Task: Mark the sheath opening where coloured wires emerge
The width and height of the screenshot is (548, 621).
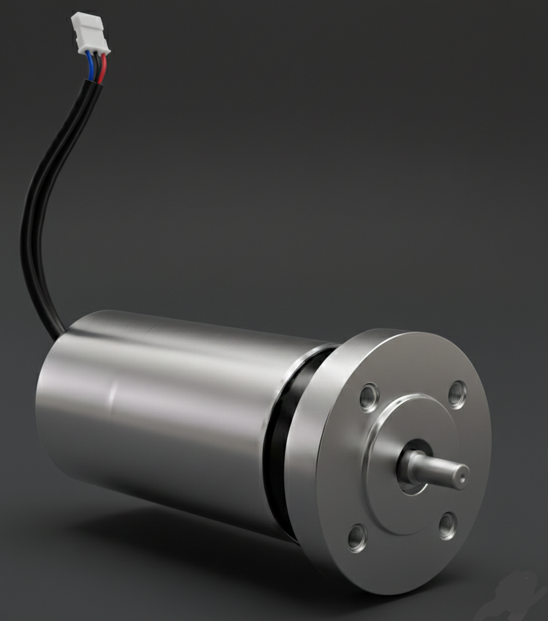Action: [x=91, y=83]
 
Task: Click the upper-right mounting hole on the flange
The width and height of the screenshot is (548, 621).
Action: [x=457, y=393]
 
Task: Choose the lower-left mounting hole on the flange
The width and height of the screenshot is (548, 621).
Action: [x=357, y=536]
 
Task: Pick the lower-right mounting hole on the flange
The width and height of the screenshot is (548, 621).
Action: [x=448, y=526]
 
